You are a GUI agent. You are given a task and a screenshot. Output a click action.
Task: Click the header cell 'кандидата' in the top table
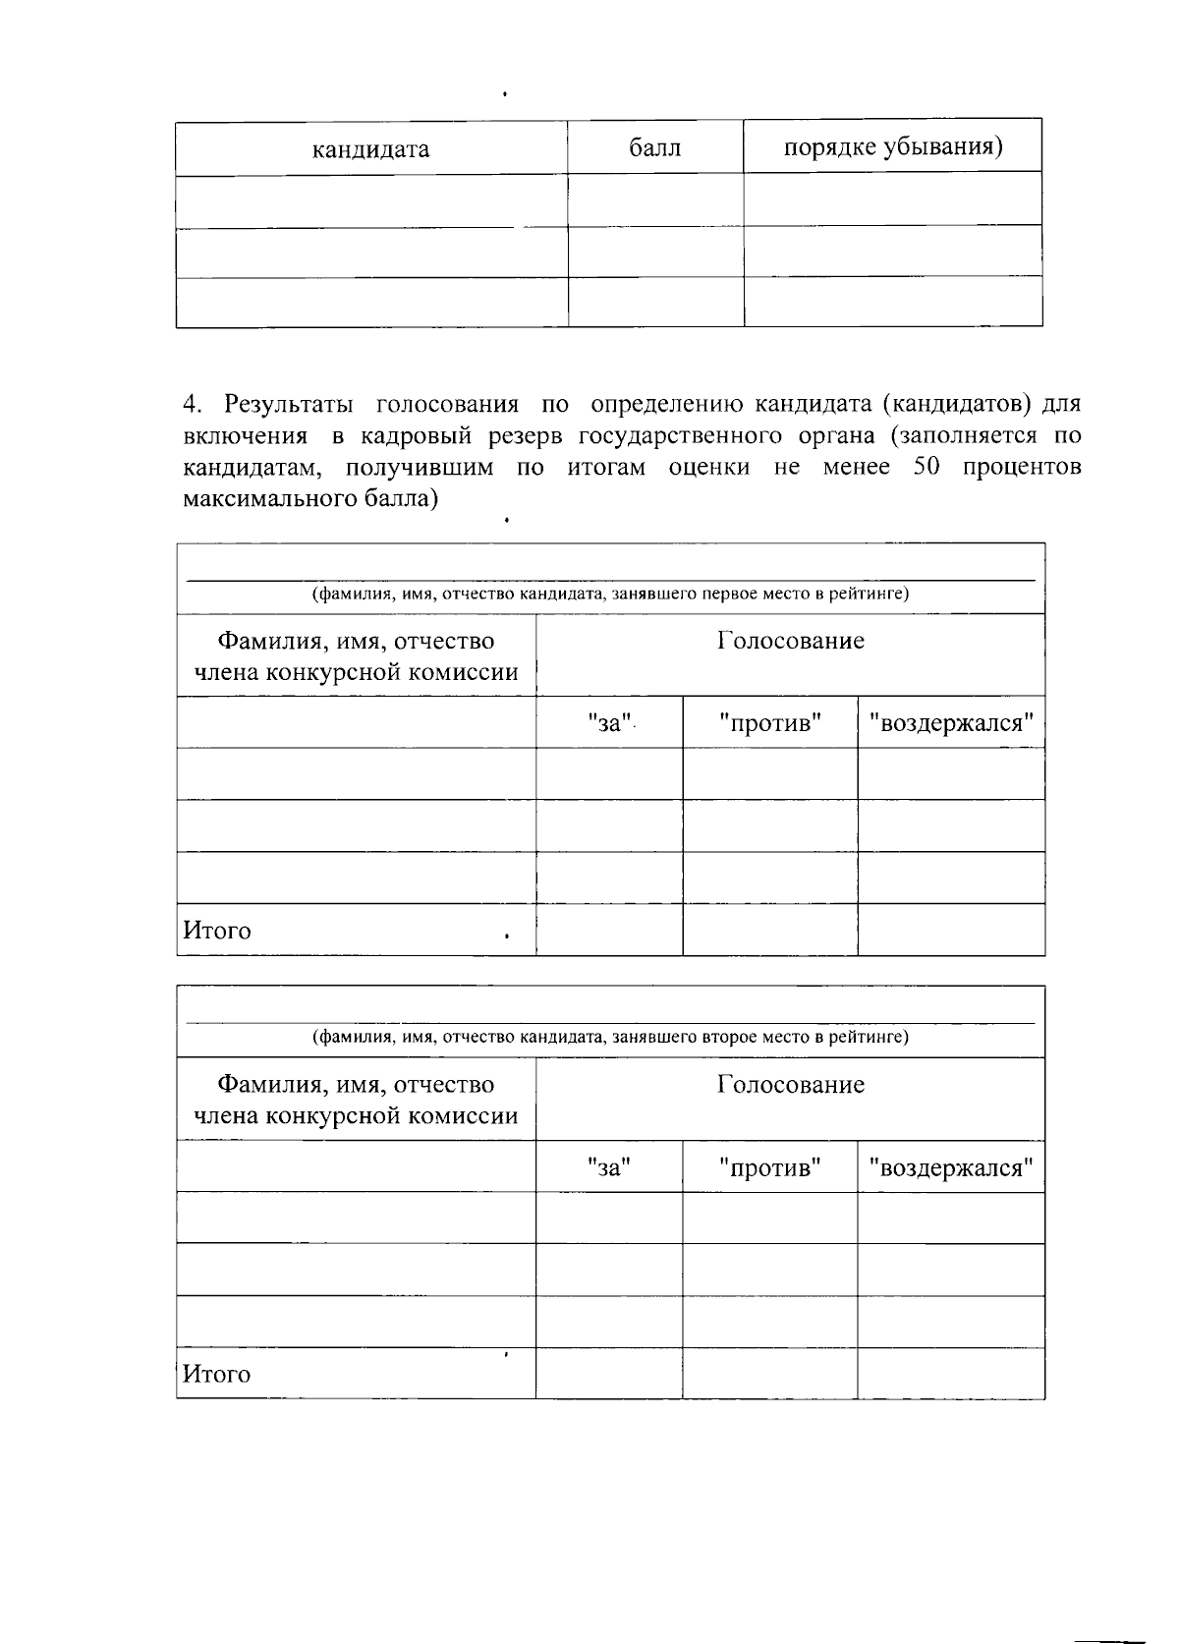(x=370, y=149)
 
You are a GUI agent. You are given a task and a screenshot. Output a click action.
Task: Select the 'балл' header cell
(x=654, y=148)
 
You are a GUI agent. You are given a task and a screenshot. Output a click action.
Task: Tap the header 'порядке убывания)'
(x=892, y=146)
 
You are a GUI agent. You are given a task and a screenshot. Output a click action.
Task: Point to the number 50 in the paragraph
(x=927, y=467)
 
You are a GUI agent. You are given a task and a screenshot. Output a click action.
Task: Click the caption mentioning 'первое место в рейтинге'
(x=609, y=594)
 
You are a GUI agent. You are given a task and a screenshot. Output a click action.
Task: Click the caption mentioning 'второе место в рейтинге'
(x=609, y=1037)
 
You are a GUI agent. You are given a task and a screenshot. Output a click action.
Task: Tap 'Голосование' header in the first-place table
(x=790, y=641)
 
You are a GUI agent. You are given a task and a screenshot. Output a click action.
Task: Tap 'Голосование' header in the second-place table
(x=790, y=1084)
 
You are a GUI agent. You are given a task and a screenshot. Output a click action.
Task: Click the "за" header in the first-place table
(x=608, y=723)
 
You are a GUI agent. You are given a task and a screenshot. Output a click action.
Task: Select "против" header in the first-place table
(x=769, y=723)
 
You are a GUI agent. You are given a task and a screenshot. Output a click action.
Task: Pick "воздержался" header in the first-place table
(x=950, y=723)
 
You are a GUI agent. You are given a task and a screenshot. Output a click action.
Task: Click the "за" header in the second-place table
(x=608, y=1167)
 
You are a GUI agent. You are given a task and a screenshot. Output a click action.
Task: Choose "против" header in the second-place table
(x=769, y=1167)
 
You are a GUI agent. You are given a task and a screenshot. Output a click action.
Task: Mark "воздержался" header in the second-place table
(x=950, y=1167)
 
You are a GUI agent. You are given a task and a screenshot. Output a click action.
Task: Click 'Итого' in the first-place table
(x=217, y=930)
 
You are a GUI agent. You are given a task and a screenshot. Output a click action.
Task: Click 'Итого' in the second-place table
(x=217, y=1374)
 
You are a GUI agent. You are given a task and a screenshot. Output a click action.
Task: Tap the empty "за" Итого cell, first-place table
(x=608, y=930)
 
